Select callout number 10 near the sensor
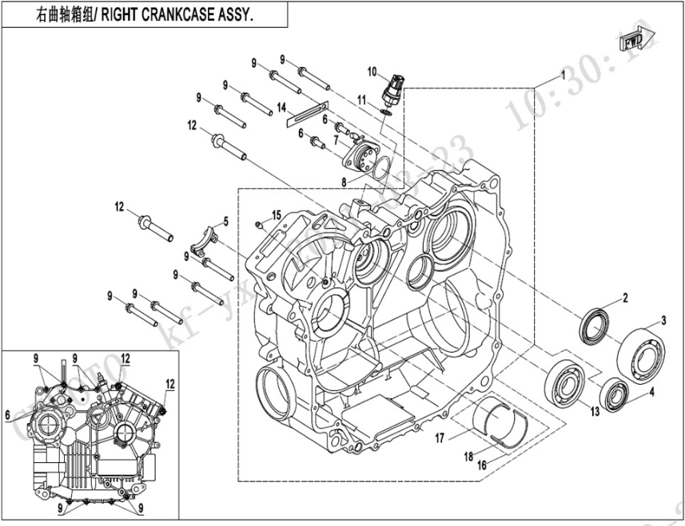[x=372, y=72]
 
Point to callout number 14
[x=281, y=106]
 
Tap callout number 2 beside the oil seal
[x=626, y=298]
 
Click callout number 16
[x=481, y=465]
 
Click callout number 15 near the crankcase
[x=277, y=215]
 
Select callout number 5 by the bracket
[x=225, y=221]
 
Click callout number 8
[x=344, y=183]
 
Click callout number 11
[x=361, y=101]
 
